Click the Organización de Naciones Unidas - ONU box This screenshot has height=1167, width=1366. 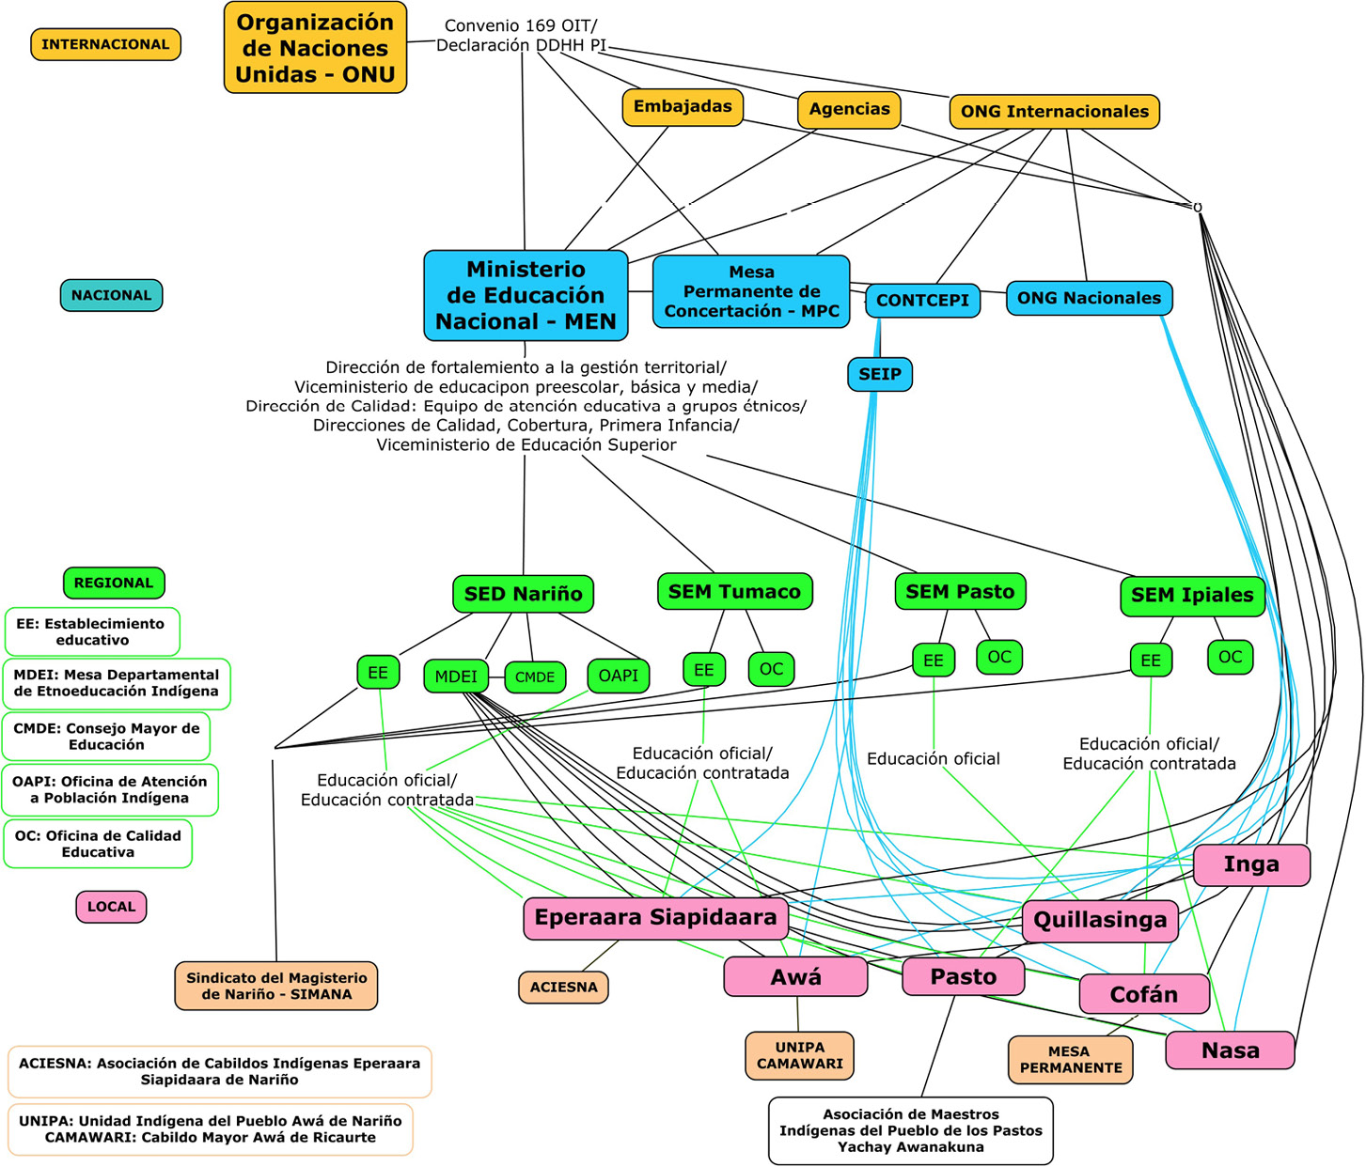tap(315, 48)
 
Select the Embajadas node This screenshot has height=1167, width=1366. tap(683, 107)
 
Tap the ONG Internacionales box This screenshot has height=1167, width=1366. tap(1054, 112)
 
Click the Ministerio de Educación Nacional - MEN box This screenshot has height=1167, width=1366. tap(526, 295)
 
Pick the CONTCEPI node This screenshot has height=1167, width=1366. tap(922, 301)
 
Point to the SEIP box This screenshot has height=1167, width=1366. tap(879, 375)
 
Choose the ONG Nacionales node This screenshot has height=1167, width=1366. tap(1089, 299)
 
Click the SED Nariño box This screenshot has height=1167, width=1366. tap(523, 594)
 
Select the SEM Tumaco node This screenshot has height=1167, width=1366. tap(734, 592)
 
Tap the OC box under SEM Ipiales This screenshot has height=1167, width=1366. tap(1230, 658)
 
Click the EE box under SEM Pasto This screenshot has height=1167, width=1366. tap(933, 661)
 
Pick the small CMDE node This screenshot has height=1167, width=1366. tap(535, 677)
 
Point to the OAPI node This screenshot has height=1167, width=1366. tap(618, 676)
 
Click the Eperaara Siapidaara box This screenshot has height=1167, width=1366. tap(655, 918)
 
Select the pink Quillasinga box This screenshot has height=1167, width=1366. tap(1100, 920)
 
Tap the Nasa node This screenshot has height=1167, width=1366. tap(1230, 1050)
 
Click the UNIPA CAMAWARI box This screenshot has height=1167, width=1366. tap(799, 1055)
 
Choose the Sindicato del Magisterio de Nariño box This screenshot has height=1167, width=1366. tap(275, 986)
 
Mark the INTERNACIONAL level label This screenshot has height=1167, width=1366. tap(105, 44)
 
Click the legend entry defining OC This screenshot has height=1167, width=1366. tap(98, 844)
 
